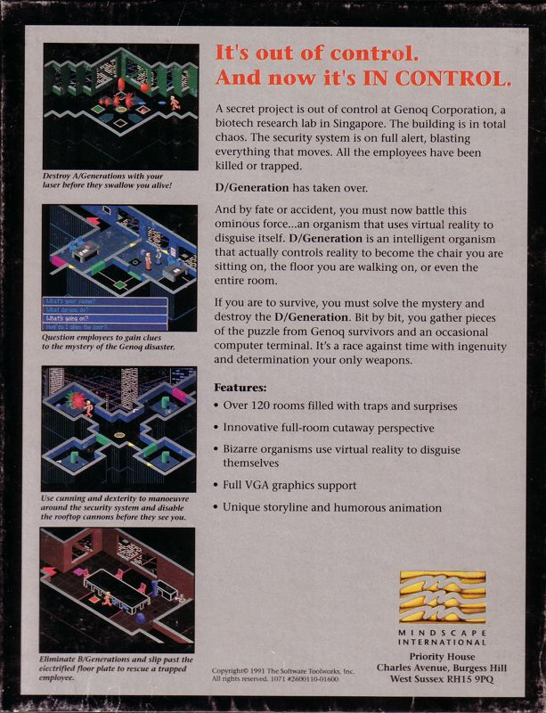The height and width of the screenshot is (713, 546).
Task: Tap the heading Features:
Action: (240, 389)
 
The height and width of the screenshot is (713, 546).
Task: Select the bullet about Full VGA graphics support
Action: (291, 486)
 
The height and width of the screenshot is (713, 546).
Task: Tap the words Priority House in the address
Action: (442, 655)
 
